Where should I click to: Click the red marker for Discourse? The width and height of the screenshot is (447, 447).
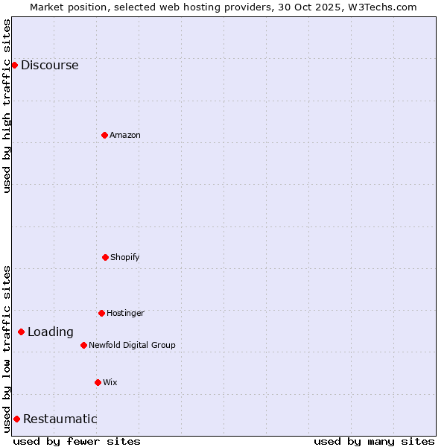pyautogui.click(x=14, y=65)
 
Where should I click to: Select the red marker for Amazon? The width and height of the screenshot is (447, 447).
pyautogui.click(x=104, y=135)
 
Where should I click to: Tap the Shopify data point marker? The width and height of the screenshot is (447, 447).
pyautogui.click(x=105, y=257)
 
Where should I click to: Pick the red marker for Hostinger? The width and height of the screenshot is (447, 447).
pyautogui.click(x=101, y=313)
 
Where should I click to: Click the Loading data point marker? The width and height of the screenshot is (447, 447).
pyautogui.click(x=21, y=332)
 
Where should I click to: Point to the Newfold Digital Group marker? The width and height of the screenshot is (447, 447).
pyautogui.click(x=83, y=345)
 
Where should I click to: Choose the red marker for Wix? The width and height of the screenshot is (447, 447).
pyautogui.click(x=98, y=382)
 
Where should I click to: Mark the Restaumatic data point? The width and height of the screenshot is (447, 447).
pyautogui.click(x=16, y=419)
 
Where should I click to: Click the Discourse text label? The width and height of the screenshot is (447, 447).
pyautogui.click(x=49, y=65)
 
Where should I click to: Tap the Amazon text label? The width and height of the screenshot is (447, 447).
pyautogui.click(x=125, y=135)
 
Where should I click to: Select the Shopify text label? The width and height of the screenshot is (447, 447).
pyautogui.click(x=125, y=257)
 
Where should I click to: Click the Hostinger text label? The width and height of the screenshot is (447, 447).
pyautogui.click(x=125, y=313)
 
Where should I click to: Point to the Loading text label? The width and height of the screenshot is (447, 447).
pyautogui.click(x=51, y=332)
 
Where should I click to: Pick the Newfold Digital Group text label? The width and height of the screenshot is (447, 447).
pyautogui.click(x=132, y=345)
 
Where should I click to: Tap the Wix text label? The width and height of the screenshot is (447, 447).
pyautogui.click(x=110, y=382)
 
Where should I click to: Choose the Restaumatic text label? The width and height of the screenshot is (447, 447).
pyautogui.click(x=60, y=419)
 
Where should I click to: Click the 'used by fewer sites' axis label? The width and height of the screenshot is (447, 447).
pyautogui.click(x=77, y=441)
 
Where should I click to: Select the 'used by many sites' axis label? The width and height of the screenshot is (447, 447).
pyautogui.click(x=374, y=441)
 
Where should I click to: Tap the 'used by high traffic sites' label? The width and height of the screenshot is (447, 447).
pyautogui.click(x=7, y=106)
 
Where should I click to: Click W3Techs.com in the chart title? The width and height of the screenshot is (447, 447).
pyautogui.click(x=380, y=7)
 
